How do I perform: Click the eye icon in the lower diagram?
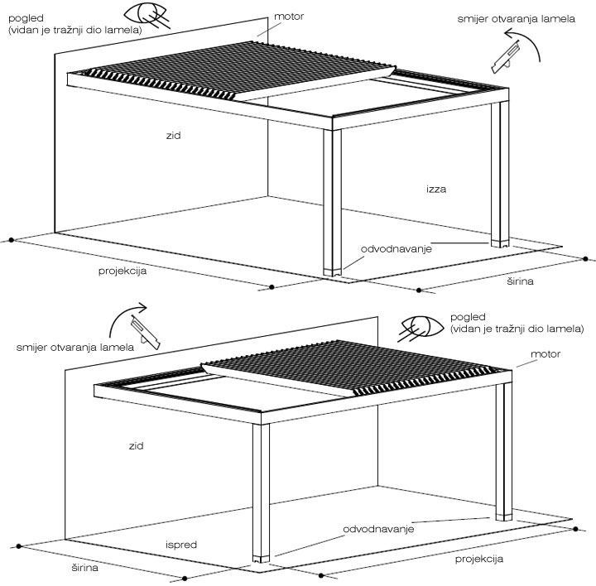coord(422,327)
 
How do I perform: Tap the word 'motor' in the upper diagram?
coord(289,17)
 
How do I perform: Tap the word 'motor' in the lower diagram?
coord(546,354)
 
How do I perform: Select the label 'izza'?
coord(436,189)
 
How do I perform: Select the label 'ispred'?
coord(181,545)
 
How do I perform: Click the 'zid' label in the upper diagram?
coord(173,135)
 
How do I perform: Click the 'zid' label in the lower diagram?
coord(136,446)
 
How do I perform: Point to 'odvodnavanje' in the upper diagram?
coord(396,249)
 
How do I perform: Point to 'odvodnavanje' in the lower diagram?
coord(378,530)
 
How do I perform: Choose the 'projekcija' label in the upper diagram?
coord(123,271)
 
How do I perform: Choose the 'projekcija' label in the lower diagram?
coord(479,559)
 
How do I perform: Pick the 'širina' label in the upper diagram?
coord(520,281)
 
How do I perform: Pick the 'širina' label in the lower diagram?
coord(84,568)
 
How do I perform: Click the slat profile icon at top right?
coord(505,58)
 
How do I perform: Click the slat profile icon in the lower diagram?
coord(145,332)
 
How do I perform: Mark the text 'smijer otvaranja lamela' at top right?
coord(516,19)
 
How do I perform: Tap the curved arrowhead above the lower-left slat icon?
coord(142,308)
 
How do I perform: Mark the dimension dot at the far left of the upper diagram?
coord(12,240)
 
